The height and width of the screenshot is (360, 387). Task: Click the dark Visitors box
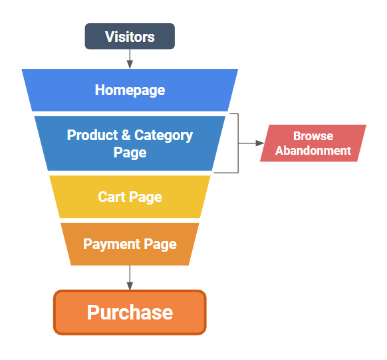click(x=130, y=37)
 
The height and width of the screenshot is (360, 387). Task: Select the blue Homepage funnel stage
click(x=130, y=90)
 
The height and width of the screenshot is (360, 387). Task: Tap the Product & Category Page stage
click(x=130, y=143)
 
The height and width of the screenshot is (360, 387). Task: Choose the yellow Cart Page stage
click(x=130, y=197)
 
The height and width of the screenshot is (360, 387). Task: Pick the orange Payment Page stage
click(x=130, y=244)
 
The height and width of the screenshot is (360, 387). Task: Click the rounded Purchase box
click(x=130, y=312)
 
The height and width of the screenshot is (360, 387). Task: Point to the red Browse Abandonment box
click(x=313, y=143)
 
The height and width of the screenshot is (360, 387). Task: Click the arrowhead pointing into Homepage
click(x=130, y=64)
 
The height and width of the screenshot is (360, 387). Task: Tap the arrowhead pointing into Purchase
click(x=130, y=286)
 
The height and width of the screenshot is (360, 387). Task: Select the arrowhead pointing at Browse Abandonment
click(x=260, y=143)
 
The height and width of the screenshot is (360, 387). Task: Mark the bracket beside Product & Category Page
click(x=238, y=143)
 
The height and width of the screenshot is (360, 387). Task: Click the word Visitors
click(x=130, y=37)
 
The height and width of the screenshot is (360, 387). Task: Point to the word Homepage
click(x=130, y=90)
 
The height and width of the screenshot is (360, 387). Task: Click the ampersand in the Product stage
click(x=126, y=135)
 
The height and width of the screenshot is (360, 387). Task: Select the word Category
click(x=164, y=136)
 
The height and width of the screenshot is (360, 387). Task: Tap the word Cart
click(x=112, y=197)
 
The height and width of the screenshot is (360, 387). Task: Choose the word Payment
click(x=112, y=244)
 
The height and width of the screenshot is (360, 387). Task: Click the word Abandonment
click(x=313, y=151)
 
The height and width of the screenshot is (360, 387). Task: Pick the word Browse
click(x=313, y=136)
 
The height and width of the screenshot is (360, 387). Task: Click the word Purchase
click(x=130, y=312)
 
